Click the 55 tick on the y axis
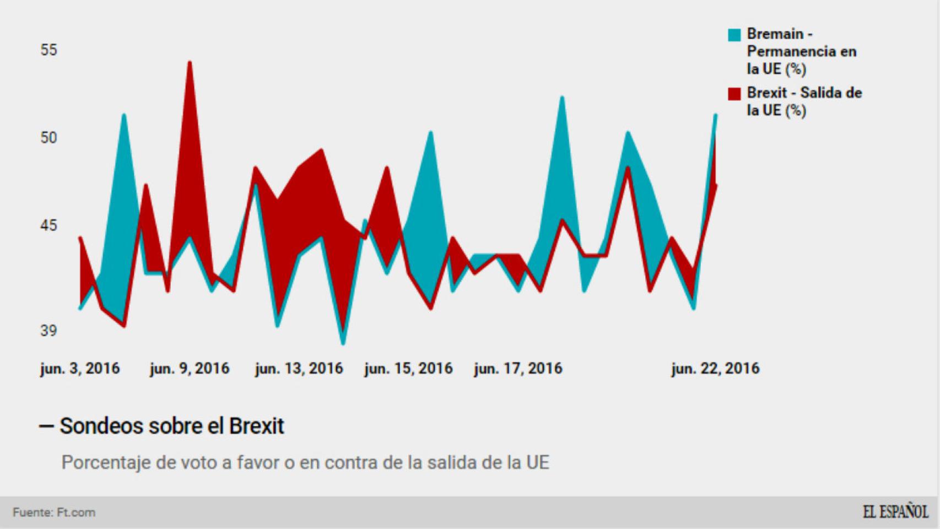[x=48, y=50]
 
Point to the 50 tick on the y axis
[x=48, y=138]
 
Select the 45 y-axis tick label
[x=48, y=225]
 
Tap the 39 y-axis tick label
[x=48, y=331]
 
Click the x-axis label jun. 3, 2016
[x=80, y=369]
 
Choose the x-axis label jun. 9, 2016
[x=190, y=369]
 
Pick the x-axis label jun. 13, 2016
[x=299, y=369]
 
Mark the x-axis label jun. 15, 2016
[x=408, y=369]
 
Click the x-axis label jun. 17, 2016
[x=518, y=369]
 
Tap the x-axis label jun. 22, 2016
[x=715, y=369]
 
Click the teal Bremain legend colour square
[x=734, y=35]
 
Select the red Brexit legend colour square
[x=734, y=94]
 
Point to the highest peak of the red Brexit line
[x=190, y=62]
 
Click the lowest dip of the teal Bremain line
[x=343, y=344]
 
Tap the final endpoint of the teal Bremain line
[x=715, y=115]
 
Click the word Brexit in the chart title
[x=256, y=426]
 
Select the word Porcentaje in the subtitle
[x=105, y=462]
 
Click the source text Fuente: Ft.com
[x=54, y=512]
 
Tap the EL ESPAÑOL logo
[x=895, y=512]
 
